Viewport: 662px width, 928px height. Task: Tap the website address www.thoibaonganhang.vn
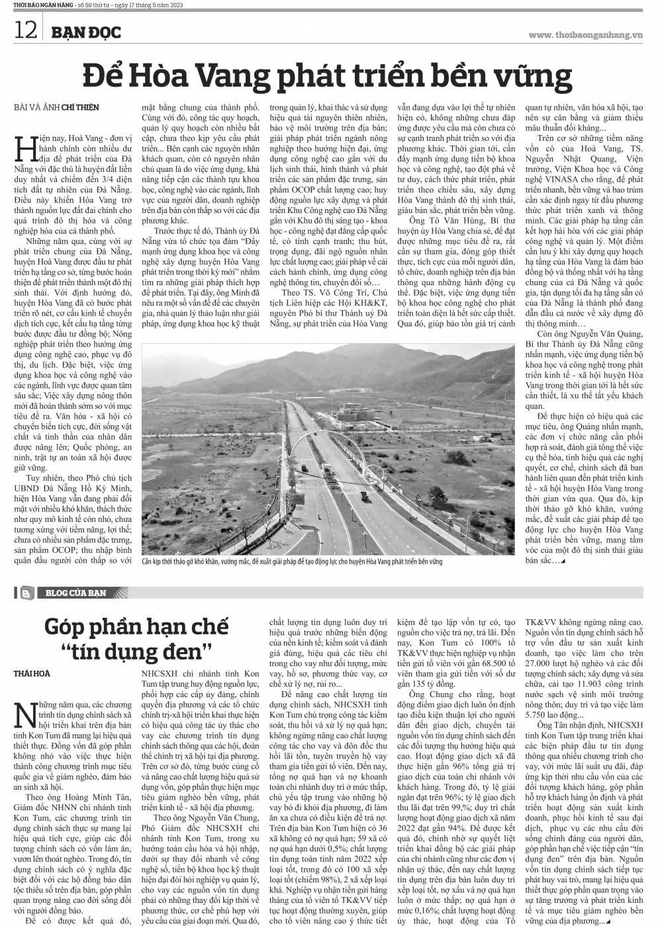pos(585,34)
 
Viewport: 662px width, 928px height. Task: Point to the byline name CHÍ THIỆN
pos(80,107)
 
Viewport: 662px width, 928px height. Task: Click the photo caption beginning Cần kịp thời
pos(291,562)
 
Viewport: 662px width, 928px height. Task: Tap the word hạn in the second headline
pos(162,624)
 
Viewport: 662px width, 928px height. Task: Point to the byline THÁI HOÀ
pos(31,673)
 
